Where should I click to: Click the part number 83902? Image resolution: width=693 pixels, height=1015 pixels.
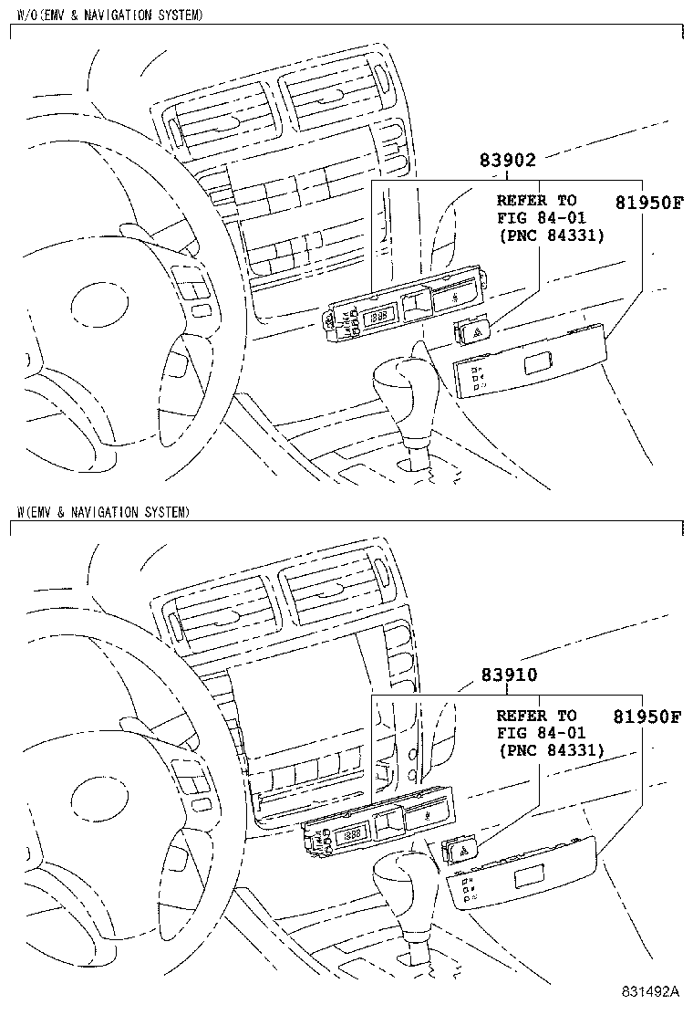click(x=507, y=160)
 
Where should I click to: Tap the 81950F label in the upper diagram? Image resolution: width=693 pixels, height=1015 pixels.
click(x=646, y=202)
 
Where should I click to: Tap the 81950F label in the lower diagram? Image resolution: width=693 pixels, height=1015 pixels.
click(x=646, y=717)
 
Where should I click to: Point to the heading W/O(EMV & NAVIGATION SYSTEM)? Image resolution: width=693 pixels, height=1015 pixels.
click(x=110, y=16)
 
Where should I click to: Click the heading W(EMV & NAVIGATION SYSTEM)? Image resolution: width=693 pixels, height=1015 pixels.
click(x=103, y=512)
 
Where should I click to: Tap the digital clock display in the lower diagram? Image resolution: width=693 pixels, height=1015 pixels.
click(x=350, y=834)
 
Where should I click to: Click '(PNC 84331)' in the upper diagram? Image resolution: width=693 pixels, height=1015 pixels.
click(x=552, y=235)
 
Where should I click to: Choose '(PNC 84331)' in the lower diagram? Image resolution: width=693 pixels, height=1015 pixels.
click(x=552, y=750)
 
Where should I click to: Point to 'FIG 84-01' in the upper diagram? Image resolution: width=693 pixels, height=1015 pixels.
click(x=541, y=217)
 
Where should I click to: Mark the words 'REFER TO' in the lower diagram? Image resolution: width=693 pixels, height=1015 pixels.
click(x=536, y=716)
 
